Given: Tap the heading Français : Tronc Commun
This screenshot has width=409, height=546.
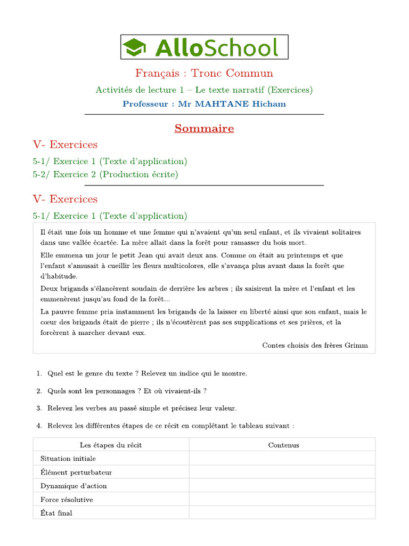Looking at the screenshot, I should (x=204, y=73).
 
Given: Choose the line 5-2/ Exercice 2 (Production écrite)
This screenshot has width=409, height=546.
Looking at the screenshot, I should (x=105, y=174).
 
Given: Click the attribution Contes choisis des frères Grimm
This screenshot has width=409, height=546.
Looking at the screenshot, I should (x=315, y=345).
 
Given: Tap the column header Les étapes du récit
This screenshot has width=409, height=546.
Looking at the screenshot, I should (x=111, y=445).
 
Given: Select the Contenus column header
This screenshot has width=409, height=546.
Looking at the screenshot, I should (x=283, y=445).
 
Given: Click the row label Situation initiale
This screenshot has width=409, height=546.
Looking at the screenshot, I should (x=68, y=459).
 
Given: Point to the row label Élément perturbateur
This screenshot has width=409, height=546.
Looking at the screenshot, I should (x=76, y=472).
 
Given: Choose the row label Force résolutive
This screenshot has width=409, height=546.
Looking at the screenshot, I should (x=67, y=500).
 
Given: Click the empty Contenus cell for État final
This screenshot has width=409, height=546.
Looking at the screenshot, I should (x=282, y=513).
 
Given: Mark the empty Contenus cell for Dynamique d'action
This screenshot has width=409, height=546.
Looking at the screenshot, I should (x=282, y=486).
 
